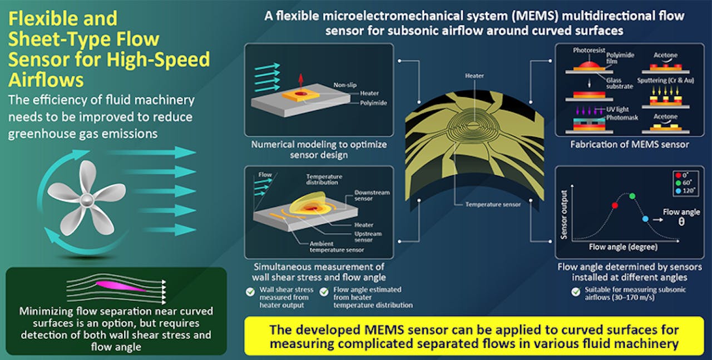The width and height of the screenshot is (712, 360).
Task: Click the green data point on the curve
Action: (x=632, y=196)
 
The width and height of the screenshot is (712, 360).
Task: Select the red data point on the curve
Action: (x=615, y=205)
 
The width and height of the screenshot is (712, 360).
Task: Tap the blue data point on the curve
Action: (x=645, y=219)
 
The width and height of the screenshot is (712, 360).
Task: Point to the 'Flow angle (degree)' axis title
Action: (x=623, y=247)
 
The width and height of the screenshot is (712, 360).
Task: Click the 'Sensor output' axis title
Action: (x=564, y=215)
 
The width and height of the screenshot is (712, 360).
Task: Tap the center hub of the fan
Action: (x=86, y=200)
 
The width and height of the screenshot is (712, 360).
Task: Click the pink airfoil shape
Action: (x=121, y=286)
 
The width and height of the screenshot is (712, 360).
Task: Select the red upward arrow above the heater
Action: (x=301, y=81)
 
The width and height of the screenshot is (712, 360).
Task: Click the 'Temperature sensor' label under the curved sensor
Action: (x=493, y=205)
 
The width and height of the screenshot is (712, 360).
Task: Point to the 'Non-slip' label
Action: (x=345, y=85)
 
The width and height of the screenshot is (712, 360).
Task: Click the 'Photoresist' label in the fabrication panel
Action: (x=589, y=50)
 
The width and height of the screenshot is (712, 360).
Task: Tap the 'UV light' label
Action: (x=617, y=110)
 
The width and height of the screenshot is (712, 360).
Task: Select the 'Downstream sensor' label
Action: (x=372, y=196)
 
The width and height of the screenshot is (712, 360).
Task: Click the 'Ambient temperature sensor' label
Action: (x=337, y=247)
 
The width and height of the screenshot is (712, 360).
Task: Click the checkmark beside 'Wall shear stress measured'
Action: (x=250, y=292)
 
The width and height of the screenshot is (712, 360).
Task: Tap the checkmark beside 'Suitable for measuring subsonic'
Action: (x=576, y=292)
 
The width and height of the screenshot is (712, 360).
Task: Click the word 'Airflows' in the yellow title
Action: (x=46, y=80)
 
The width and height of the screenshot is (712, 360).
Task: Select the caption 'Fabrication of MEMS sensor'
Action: (x=630, y=145)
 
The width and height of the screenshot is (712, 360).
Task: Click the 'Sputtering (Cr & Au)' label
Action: (x=666, y=81)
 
